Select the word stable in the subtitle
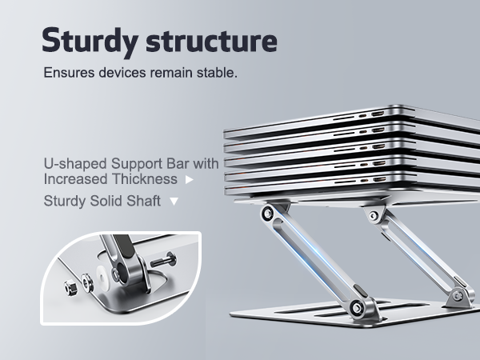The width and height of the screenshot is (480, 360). point(217,73)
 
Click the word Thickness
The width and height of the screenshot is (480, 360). point(147,178)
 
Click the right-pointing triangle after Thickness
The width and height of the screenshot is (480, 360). point(189,179)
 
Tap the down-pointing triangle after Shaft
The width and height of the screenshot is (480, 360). point(174,202)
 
